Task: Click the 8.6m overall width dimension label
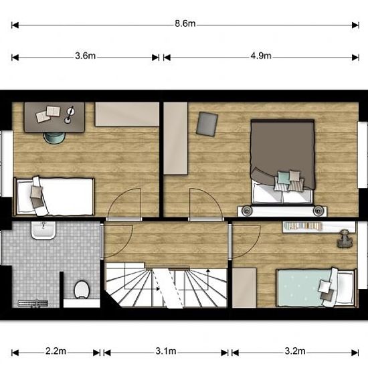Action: [185, 23]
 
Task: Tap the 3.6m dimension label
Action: [85, 56]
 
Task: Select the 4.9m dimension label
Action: [261, 56]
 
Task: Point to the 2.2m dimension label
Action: [56, 351]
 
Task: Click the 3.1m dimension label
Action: [166, 351]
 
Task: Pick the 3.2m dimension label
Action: [295, 351]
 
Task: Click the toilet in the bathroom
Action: [82, 290]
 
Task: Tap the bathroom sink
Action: [43, 230]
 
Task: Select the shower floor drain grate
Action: [33, 304]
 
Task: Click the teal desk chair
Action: [54, 138]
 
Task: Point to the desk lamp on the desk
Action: [70, 114]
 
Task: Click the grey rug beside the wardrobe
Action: [207, 124]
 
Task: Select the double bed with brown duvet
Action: [282, 162]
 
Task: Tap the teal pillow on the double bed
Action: [284, 177]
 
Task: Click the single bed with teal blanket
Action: [316, 288]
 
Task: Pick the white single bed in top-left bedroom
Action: [54, 197]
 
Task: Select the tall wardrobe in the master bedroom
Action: [175, 139]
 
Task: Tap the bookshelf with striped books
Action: [303, 226]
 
